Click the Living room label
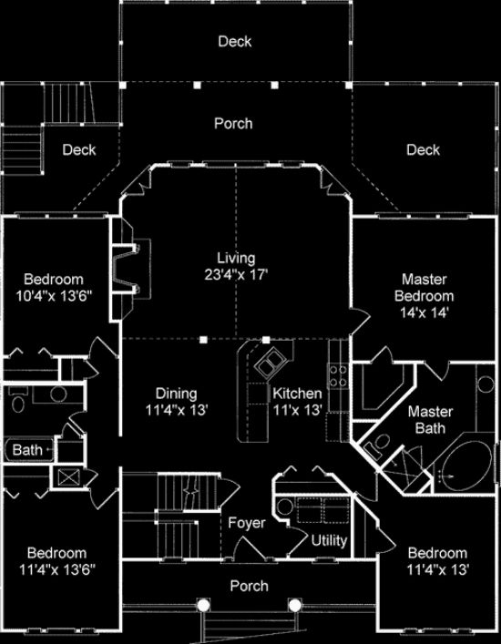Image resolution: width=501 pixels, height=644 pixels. tap(236, 259)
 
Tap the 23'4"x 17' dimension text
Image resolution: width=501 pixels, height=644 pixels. tap(237, 274)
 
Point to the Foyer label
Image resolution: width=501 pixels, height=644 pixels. tap(247, 523)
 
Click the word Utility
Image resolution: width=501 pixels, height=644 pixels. tap(329, 541)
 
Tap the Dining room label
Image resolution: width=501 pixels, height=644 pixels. tap(176, 394)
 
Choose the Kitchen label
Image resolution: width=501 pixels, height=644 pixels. tap(297, 394)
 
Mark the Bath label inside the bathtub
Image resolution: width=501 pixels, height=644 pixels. tap(27, 450)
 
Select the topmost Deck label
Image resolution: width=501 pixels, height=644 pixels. tap(235, 42)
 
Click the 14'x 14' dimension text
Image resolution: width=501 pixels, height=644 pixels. tap(424, 312)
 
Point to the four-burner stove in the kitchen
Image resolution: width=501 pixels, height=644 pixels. tap(338, 376)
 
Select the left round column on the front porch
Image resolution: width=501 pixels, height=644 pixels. tap(202, 605)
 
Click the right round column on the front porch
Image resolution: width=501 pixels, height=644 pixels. tap(294, 605)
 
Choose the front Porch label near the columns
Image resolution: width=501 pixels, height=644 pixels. tap(249, 586)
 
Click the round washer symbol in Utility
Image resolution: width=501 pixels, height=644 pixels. tap(284, 506)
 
